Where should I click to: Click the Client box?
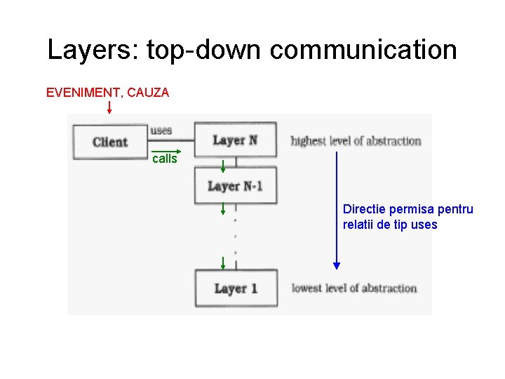[x=109, y=142]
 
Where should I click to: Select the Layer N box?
[x=235, y=140]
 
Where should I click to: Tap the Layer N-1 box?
[x=235, y=186]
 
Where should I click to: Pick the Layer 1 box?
[x=236, y=288]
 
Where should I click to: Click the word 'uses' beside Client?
[x=161, y=131]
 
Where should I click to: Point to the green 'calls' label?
[x=165, y=159]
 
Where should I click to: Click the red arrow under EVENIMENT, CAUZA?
[x=109, y=107]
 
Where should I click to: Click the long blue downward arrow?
[x=337, y=211]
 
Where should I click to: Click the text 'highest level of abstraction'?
[x=356, y=140]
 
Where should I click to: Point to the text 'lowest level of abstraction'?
[x=354, y=288]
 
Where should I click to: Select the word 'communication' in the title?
[x=363, y=50]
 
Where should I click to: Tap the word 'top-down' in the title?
[x=203, y=50]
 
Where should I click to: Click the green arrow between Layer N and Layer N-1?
[x=223, y=166]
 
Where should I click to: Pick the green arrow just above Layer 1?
[x=222, y=264]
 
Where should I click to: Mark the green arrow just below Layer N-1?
[x=222, y=208]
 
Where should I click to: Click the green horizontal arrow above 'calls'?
[x=167, y=151]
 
